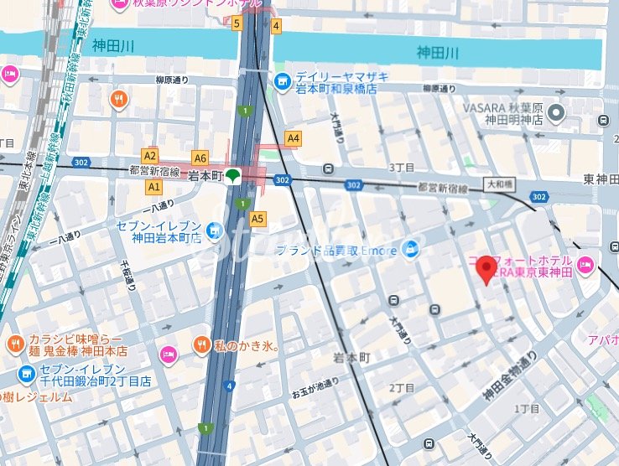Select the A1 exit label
(153, 186)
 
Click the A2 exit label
(150, 155)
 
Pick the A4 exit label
(293, 137)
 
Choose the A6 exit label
(200, 158)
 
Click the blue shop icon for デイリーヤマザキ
(282, 80)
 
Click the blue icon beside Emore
(410, 248)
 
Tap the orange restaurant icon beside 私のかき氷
(201, 344)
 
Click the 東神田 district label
(601, 179)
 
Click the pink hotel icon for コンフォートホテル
(585, 267)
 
